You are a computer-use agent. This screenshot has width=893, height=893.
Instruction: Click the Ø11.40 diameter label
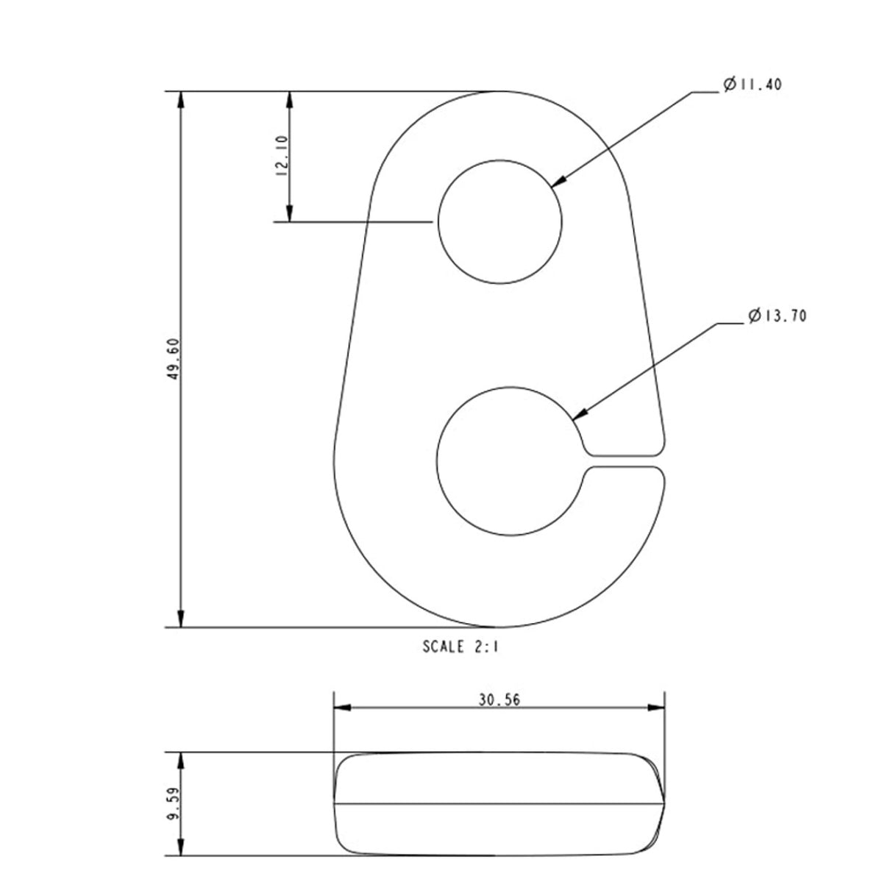click(752, 85)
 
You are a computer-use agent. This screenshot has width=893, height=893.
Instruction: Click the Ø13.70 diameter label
click(778, 316)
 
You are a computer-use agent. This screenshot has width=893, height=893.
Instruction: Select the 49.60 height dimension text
click(174, 360)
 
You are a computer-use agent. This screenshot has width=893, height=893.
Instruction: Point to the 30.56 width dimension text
click(499, 700)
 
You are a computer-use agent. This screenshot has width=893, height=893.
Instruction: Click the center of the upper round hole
click(500, 221)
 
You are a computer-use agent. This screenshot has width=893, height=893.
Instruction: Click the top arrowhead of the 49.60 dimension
click(181, 99)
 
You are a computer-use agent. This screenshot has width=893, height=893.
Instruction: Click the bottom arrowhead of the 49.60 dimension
click(181, 619)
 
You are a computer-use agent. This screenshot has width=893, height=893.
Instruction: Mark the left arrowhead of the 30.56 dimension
click(341, 708)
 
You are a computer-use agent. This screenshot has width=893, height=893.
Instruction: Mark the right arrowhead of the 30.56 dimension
click(656, 708)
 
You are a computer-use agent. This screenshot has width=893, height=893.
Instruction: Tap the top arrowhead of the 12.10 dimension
click(290, 99)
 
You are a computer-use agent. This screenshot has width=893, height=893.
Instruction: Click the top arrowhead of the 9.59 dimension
click(181, 761)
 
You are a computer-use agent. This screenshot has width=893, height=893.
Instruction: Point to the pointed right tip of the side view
click(663, 803)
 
